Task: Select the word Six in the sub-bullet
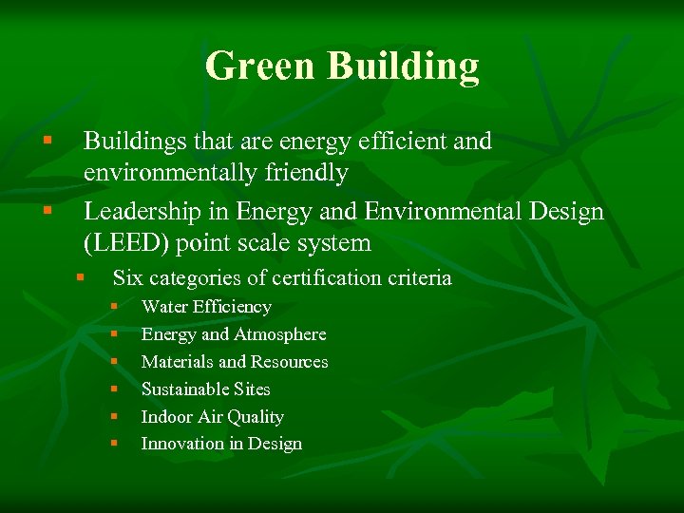(128, 278)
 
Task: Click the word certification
(328, 278)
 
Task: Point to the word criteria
(421, 278)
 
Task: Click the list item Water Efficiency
(206, 307)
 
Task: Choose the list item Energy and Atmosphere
(234, 334)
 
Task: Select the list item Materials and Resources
(235, 362)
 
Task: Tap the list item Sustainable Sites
(205, 389)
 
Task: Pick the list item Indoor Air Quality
(212, 417)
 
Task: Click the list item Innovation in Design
(221, 444)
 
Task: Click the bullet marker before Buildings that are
(47, 142)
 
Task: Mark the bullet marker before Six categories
(82, 278)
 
